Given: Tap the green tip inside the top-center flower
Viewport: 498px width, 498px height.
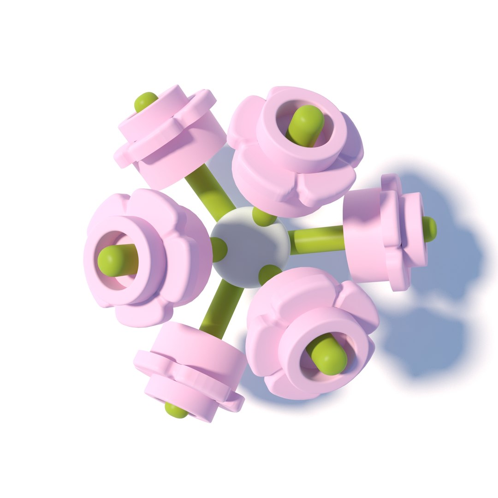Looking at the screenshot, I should tap(305, 123).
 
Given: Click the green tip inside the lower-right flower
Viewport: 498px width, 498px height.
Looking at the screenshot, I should tap(329, 356).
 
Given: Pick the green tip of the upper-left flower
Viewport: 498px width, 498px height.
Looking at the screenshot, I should tap(145, 101).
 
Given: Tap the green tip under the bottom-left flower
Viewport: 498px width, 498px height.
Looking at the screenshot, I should tap(176, 410).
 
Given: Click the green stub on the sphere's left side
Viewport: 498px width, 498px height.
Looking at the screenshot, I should tap(219, 249).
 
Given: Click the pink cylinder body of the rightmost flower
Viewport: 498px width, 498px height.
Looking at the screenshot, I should tap(364, 235).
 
